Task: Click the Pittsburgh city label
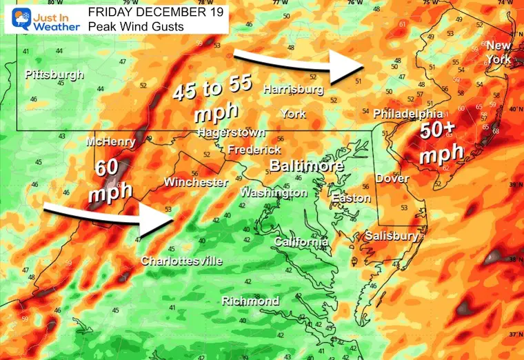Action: [x=54, y=74]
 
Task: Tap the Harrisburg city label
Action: [x=293, y=90]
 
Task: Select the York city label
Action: [x=293, y=113]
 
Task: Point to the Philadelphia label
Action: [x=407, y=113]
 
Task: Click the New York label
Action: [x=499, y=52]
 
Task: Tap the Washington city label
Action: [x=273, y=192]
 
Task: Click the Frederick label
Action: [x=254, y=149]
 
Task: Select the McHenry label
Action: [x=107, y=142]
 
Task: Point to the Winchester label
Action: [x=196, y=182]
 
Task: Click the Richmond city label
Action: [x=250, y=301]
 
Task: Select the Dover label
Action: [x=392, y=179]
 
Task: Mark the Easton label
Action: [x=351, y=198]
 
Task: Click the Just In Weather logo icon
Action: [x=14, y=19]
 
